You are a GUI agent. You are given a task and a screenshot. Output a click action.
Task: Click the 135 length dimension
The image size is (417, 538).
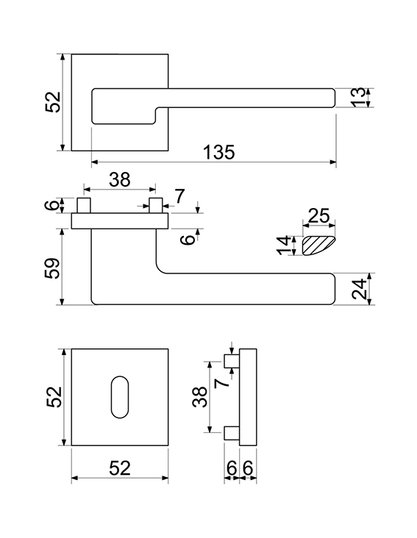219,152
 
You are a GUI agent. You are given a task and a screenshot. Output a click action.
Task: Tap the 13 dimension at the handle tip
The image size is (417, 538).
359,98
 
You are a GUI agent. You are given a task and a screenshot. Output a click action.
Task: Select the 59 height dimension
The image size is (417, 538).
52,268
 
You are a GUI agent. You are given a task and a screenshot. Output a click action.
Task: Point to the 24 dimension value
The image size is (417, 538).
359,290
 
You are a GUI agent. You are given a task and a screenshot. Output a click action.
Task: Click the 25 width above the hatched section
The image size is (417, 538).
319,215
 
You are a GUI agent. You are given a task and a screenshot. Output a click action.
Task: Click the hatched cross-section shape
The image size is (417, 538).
318,245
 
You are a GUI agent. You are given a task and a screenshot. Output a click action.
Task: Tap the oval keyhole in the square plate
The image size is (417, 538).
120,398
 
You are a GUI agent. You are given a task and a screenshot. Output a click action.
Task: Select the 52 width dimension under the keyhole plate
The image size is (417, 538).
120,468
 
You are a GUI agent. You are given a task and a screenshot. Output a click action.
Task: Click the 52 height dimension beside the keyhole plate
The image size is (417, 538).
54,397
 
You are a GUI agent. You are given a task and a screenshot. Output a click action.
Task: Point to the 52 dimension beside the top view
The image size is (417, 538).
53,102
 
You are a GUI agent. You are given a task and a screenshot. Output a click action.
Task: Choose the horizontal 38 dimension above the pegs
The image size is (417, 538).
120,179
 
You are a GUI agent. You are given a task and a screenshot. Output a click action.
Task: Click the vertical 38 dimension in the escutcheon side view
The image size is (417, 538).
200,397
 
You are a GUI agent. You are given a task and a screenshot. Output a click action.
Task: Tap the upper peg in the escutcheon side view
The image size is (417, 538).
232,362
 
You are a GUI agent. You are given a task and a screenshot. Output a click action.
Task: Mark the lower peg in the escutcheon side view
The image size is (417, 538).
232,433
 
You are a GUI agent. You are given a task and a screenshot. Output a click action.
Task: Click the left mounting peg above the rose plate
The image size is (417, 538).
84,205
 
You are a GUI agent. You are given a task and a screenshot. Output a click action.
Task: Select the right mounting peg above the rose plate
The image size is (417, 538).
155,205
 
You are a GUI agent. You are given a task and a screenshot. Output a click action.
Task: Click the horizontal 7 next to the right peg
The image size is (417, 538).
179,196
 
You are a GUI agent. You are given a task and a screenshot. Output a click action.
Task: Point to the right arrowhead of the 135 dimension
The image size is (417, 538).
332,162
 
